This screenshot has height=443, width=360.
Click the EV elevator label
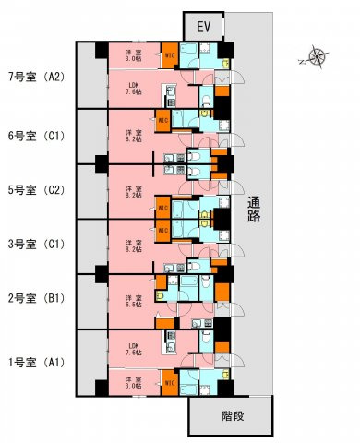(203, 27)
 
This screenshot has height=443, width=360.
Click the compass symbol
(317, 57)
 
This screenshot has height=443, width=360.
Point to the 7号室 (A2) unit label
(35, 77)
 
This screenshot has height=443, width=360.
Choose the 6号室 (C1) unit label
(35, 135)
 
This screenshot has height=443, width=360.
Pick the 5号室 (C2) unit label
(35, 190)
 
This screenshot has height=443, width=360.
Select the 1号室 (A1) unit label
(35, 361)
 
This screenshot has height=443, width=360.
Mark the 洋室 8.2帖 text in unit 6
(134, 136)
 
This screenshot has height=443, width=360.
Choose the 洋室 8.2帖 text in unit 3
(134, 246)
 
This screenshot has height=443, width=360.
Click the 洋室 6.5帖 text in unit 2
(134, 301)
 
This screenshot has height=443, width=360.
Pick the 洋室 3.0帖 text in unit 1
(134, 382)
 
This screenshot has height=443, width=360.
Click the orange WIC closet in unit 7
(169, 55)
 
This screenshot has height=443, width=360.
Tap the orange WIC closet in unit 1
(169, 382)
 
